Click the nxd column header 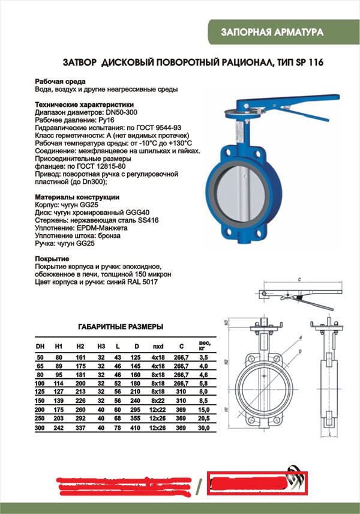[x=158, y=347]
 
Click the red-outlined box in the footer [x=257, y=483]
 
